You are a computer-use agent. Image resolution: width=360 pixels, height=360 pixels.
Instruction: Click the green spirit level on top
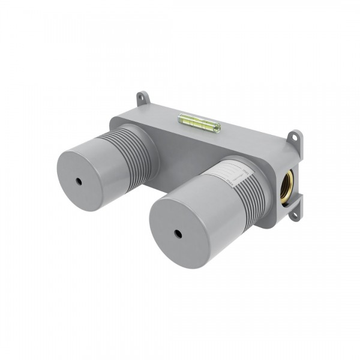coord(199,123)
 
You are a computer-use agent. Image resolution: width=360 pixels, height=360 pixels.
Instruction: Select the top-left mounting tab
coord(142,97)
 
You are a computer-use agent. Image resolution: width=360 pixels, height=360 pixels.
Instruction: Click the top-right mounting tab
coord(295,139)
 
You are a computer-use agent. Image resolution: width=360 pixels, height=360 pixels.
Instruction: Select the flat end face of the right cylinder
coord(174,222)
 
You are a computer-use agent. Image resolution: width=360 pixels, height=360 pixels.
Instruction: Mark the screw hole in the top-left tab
coord(142,96)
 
